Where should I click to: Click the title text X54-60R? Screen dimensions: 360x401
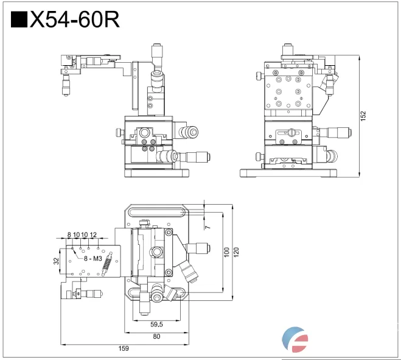(x=74, y=19)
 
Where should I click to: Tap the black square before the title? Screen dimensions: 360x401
(x=19, y=19)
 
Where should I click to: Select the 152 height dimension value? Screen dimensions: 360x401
(x=363, y=116)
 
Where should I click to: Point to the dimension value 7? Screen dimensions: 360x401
(x=207, y=227)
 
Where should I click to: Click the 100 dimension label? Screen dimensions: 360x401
(x=227, y=252)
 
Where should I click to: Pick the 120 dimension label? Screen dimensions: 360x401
(x=237, y=252)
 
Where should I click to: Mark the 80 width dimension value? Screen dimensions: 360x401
(x=156, y=336)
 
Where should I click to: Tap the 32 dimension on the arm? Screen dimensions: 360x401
(x=56, y=261)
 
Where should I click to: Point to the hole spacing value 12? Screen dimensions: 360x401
(x=93, y=235)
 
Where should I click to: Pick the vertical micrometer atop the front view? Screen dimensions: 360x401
(x=157, y=58)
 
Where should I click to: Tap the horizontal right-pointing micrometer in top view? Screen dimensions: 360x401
(x=200, y=247)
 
